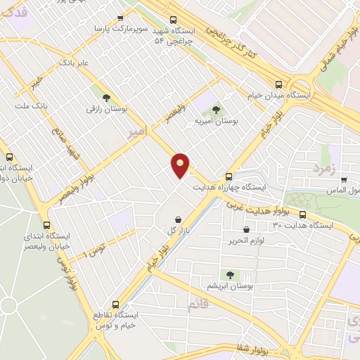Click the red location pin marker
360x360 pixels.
tap(181, 165)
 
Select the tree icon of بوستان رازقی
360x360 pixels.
tap(105, 98)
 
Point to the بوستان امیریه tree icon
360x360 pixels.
tap(215, 110)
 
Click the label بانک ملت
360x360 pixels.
tap(31, 105)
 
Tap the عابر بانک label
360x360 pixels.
tap(75, 63)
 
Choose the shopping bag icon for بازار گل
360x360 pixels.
tap(177, 219)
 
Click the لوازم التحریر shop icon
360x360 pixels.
tap(245, 229)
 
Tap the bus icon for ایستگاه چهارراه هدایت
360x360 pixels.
tap(229, 176)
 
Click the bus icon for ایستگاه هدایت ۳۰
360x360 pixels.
tap(302, 214)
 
